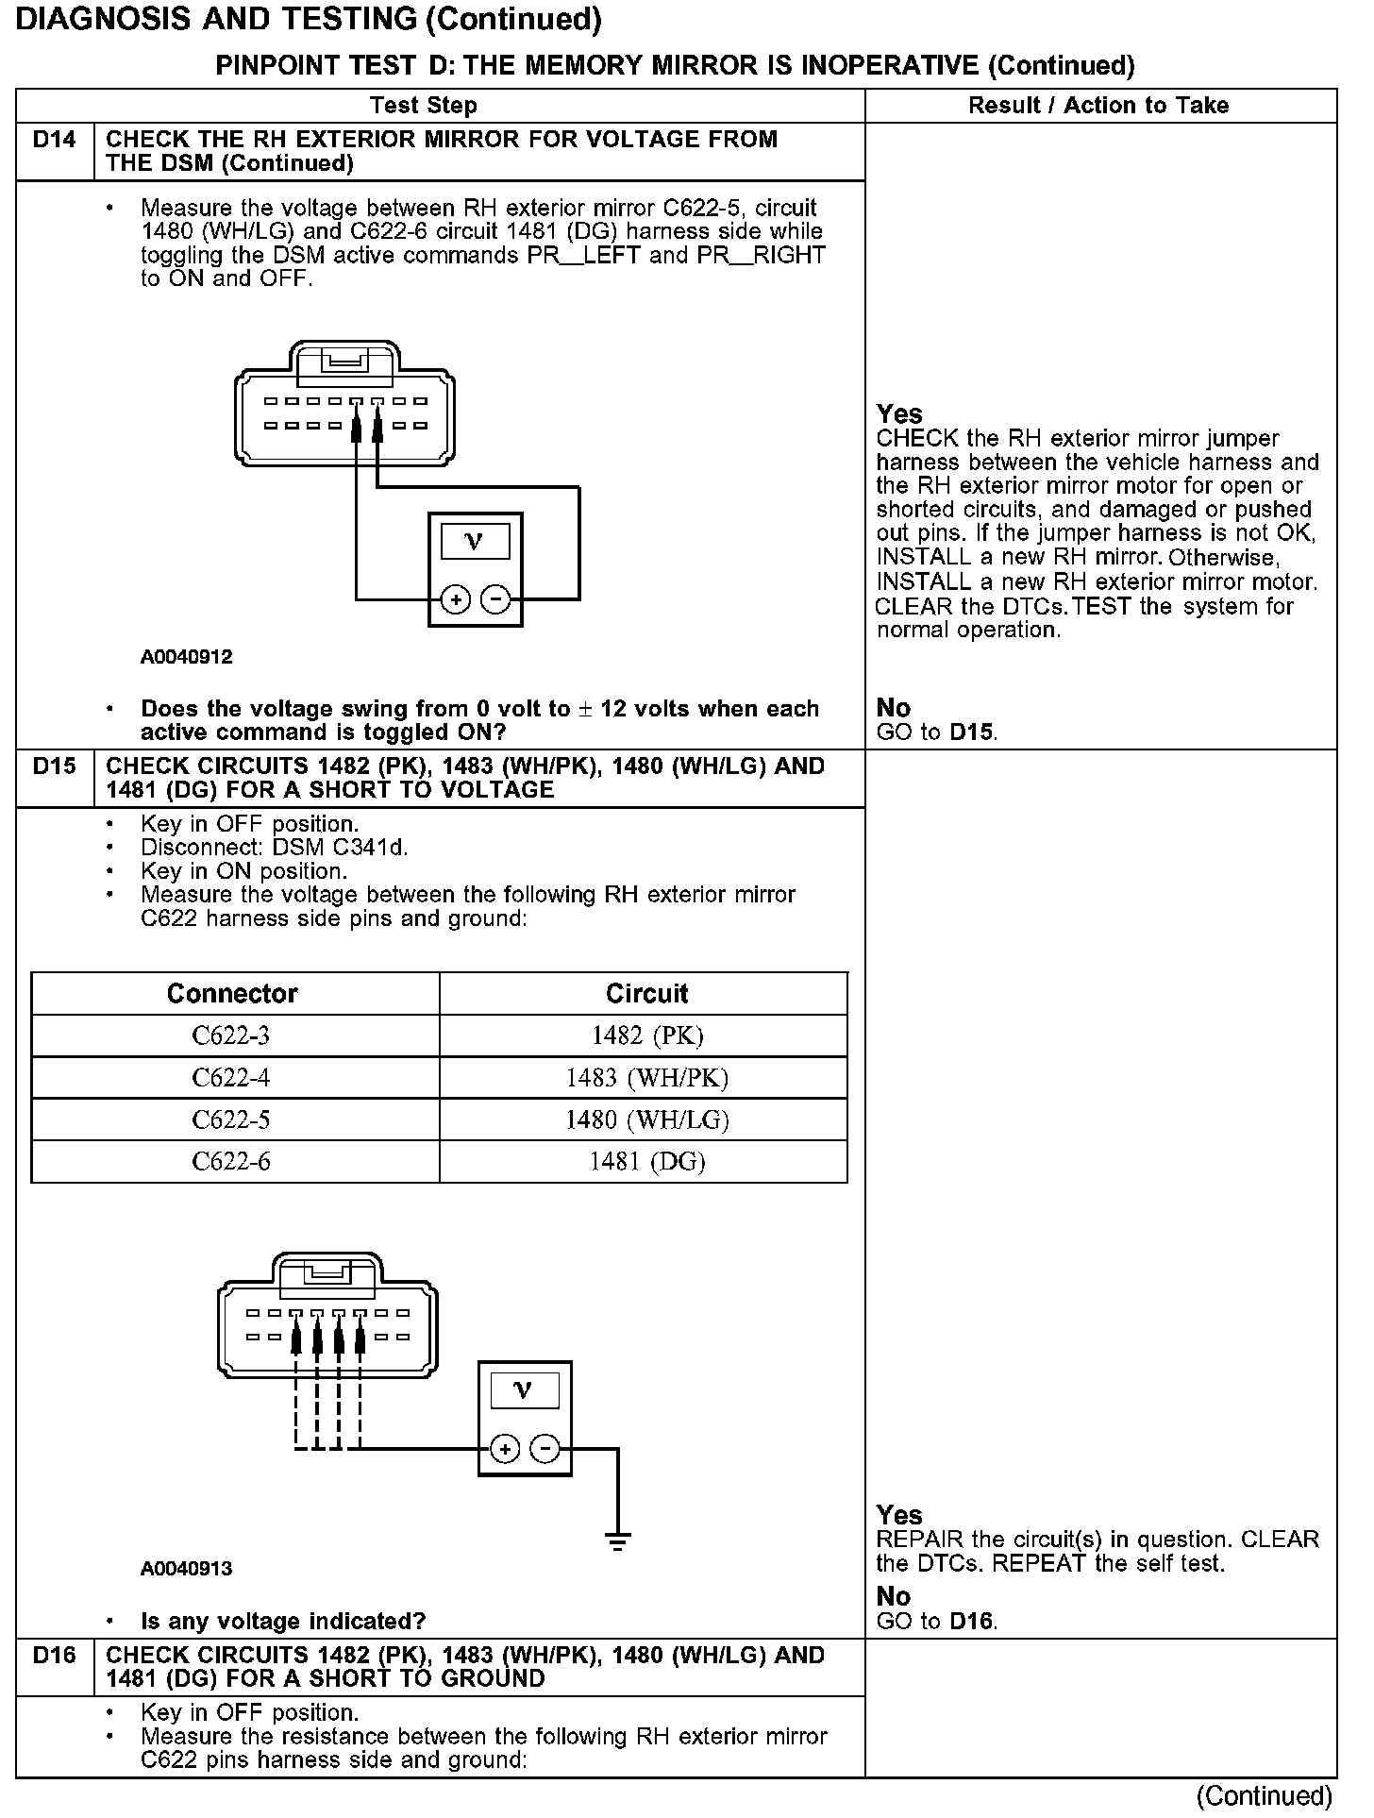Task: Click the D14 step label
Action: (x=54, y=140)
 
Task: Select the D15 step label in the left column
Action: (x=54, y=766)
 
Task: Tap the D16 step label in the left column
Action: (x=54, y=1655)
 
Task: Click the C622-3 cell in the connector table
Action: (x=231, y=1035)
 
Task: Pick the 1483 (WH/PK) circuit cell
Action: (x=647, y=1077)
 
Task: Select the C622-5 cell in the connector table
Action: (x=231, y=1119)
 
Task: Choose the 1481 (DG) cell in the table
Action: (x=647, y=1161)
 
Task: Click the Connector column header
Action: (x=232, y=993)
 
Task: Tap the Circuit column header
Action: (x=647, y=993)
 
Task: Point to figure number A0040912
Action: (x=187, y=657)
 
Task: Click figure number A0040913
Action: (x=187, y=1569)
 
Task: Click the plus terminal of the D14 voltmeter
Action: (x=456, y=599)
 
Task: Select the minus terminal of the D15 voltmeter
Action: (x=545, y=1449)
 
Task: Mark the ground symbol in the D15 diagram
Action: (x=618, y=1542)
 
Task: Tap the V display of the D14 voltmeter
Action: (x=475, y=542)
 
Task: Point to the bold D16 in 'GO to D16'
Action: (x=972, y=1621)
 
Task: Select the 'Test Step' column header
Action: (x=424, y=105)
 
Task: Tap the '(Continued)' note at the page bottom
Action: (x=1265, y=1796)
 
